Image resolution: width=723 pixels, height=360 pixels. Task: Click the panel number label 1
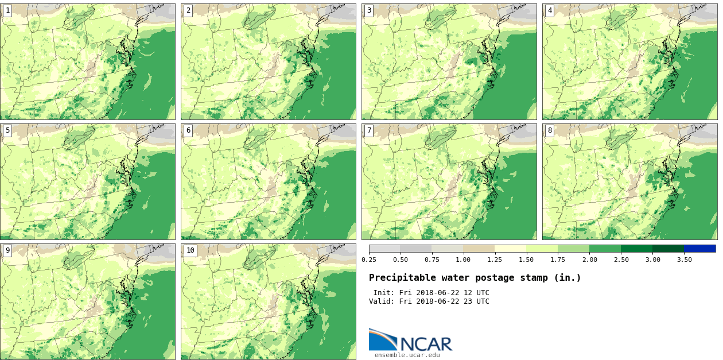point(7,10)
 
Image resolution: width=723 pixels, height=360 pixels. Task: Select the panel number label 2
point(188,10)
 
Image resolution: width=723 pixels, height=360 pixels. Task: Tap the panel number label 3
point(369,10)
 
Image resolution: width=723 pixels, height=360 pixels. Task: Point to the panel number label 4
point(550,10)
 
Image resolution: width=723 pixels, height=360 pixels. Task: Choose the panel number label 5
point(7,130)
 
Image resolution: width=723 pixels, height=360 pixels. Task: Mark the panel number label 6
point(188,130)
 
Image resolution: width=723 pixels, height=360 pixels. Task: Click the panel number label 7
point(369,130)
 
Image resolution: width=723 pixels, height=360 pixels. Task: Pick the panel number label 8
point(550,130)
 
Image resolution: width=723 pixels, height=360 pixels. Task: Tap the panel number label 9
point(7,250)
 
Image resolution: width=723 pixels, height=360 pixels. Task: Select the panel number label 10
point(190,250)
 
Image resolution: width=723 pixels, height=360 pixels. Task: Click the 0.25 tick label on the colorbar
point(369,260)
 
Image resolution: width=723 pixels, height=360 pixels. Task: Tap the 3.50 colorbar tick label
point(683,260)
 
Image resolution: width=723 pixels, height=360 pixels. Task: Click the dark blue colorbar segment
point(699,249)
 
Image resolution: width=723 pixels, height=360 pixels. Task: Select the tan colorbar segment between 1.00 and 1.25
point(479,249)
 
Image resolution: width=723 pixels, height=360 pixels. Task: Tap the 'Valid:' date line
point(429,301)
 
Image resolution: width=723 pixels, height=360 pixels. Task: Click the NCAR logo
point(410,340)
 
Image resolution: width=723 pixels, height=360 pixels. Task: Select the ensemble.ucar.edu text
point(407,355)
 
